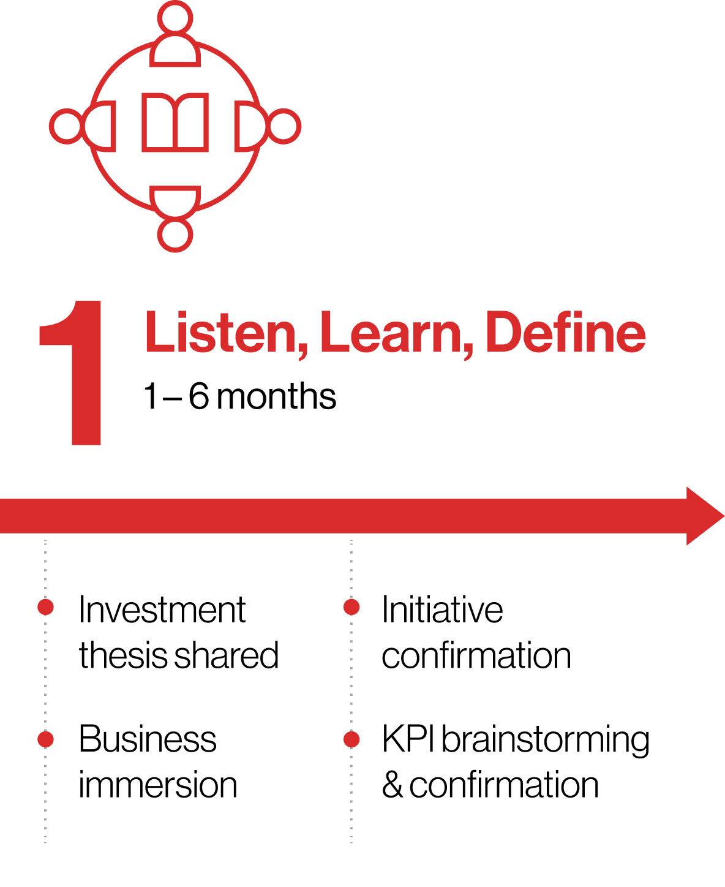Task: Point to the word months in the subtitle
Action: pos(276,396)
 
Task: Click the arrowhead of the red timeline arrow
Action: pos(704,516)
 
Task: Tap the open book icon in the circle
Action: pos(175,122)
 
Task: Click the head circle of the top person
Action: pos(175,17)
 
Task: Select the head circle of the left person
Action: pos(66,127)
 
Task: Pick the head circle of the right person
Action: pos(284,127)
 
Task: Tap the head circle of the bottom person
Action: pos(175,235)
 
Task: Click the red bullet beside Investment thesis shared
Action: pos(46,606)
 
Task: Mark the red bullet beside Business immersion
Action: pos(46,739)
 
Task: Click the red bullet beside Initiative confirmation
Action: pos(351,606)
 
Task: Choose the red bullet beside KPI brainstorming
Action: pos(351,739)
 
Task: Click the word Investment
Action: pos(162,610)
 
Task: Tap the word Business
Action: pos(148,739)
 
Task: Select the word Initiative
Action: pos(442,610)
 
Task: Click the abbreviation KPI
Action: pos(408,739)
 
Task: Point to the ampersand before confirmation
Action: pos(392,785)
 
